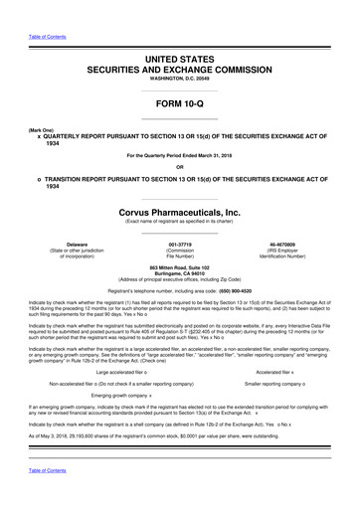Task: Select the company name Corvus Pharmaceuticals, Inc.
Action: (179, 212)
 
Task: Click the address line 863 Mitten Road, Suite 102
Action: (179, 268)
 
